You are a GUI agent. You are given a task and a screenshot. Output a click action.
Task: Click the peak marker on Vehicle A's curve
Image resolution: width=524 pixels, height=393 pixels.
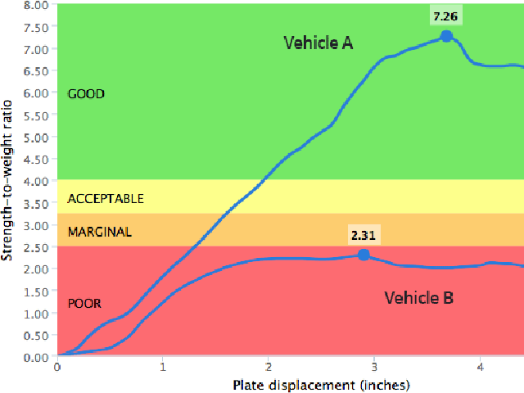click(446, 36)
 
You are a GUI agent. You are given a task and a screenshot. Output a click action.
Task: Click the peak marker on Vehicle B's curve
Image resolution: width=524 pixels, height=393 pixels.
click(364, 255)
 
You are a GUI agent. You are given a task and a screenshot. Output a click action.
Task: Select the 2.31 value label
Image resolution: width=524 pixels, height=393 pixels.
click(364, 235)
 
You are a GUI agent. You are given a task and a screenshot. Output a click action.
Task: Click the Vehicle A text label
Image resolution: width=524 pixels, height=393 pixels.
click(318, 43)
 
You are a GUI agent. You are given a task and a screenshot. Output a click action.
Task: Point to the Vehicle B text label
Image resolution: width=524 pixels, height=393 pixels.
click(418, 297)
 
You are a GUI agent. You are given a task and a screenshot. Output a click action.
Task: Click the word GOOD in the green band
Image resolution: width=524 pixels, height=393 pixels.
click(86, 94)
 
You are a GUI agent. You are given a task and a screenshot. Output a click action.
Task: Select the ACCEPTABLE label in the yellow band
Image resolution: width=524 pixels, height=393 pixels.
click(106, 199)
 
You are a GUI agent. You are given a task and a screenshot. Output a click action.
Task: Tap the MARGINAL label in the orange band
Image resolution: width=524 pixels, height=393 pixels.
click(99, 232)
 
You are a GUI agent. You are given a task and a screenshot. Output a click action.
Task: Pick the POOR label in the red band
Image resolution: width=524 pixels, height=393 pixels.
click(84, 304)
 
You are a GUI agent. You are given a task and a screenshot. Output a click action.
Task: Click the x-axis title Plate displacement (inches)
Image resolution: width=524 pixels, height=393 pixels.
click(321, 384)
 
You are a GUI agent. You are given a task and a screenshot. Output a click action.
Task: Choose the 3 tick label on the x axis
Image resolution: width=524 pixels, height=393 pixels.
click(374, 367)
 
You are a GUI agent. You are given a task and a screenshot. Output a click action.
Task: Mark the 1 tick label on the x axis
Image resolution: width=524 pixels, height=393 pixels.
click(163, 367)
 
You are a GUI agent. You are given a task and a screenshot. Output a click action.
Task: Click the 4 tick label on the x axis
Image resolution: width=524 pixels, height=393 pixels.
click(481, 367)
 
